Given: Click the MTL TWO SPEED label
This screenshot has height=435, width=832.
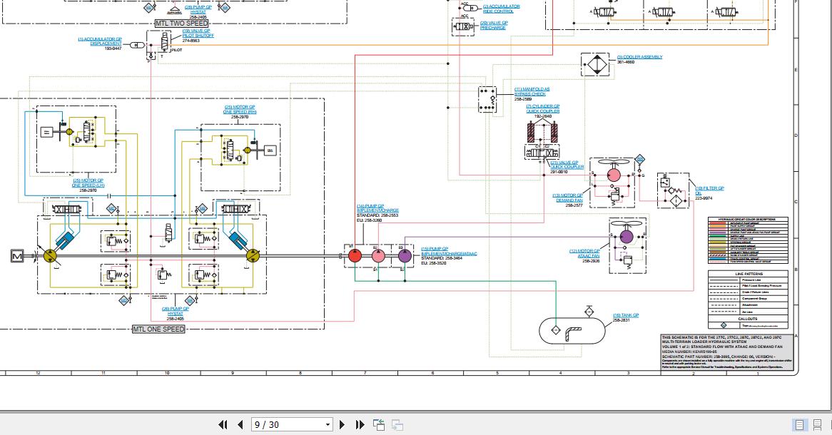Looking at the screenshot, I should [181, 24].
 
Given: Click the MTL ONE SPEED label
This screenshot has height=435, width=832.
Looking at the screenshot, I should [159, 329].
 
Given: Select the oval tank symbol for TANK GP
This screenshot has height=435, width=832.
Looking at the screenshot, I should [570, 330].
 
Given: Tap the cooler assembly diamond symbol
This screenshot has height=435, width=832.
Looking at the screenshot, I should [597, 63].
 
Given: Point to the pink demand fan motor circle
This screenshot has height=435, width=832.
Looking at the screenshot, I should [614, 174].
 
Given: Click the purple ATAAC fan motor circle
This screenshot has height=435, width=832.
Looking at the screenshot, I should [626, 235].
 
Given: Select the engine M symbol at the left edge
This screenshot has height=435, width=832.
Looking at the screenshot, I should [17, 255].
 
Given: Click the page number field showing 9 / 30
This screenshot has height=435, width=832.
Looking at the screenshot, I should [292, 424].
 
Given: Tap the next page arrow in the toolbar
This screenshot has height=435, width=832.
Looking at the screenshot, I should [343, 424].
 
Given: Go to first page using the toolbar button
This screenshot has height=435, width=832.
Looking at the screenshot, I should [223, 424].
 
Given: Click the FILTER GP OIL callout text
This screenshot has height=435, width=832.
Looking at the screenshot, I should [709, 190].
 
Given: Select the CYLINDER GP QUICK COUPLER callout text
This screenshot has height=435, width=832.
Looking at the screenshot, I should [543, 109].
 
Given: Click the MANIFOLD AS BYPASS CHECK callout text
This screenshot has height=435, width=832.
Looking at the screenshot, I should [532, 92].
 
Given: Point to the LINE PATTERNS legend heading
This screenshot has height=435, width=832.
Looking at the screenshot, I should [749, 274].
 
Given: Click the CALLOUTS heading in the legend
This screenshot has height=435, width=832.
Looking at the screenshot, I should [749, 319].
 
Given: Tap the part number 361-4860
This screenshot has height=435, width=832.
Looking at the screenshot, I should [626, 62].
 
